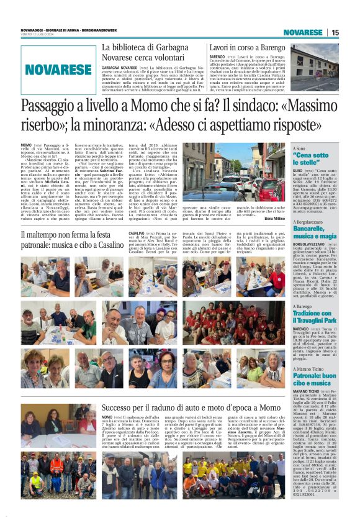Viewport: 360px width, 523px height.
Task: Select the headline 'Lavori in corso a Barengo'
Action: tap(239, 47)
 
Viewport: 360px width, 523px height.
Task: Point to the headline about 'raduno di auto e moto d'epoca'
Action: tap(186, 408)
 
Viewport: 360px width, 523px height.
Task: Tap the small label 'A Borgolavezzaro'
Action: tap(309, 221)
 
